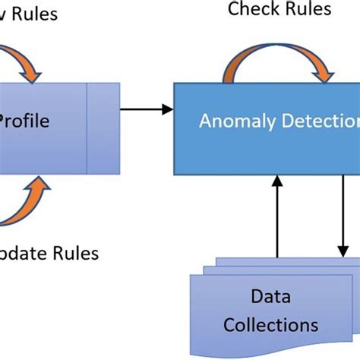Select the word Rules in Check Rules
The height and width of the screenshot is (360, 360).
click(306, 9)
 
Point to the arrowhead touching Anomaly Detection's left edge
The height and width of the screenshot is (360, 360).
click(169, 110)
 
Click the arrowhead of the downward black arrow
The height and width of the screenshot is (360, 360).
click(343, 251)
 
